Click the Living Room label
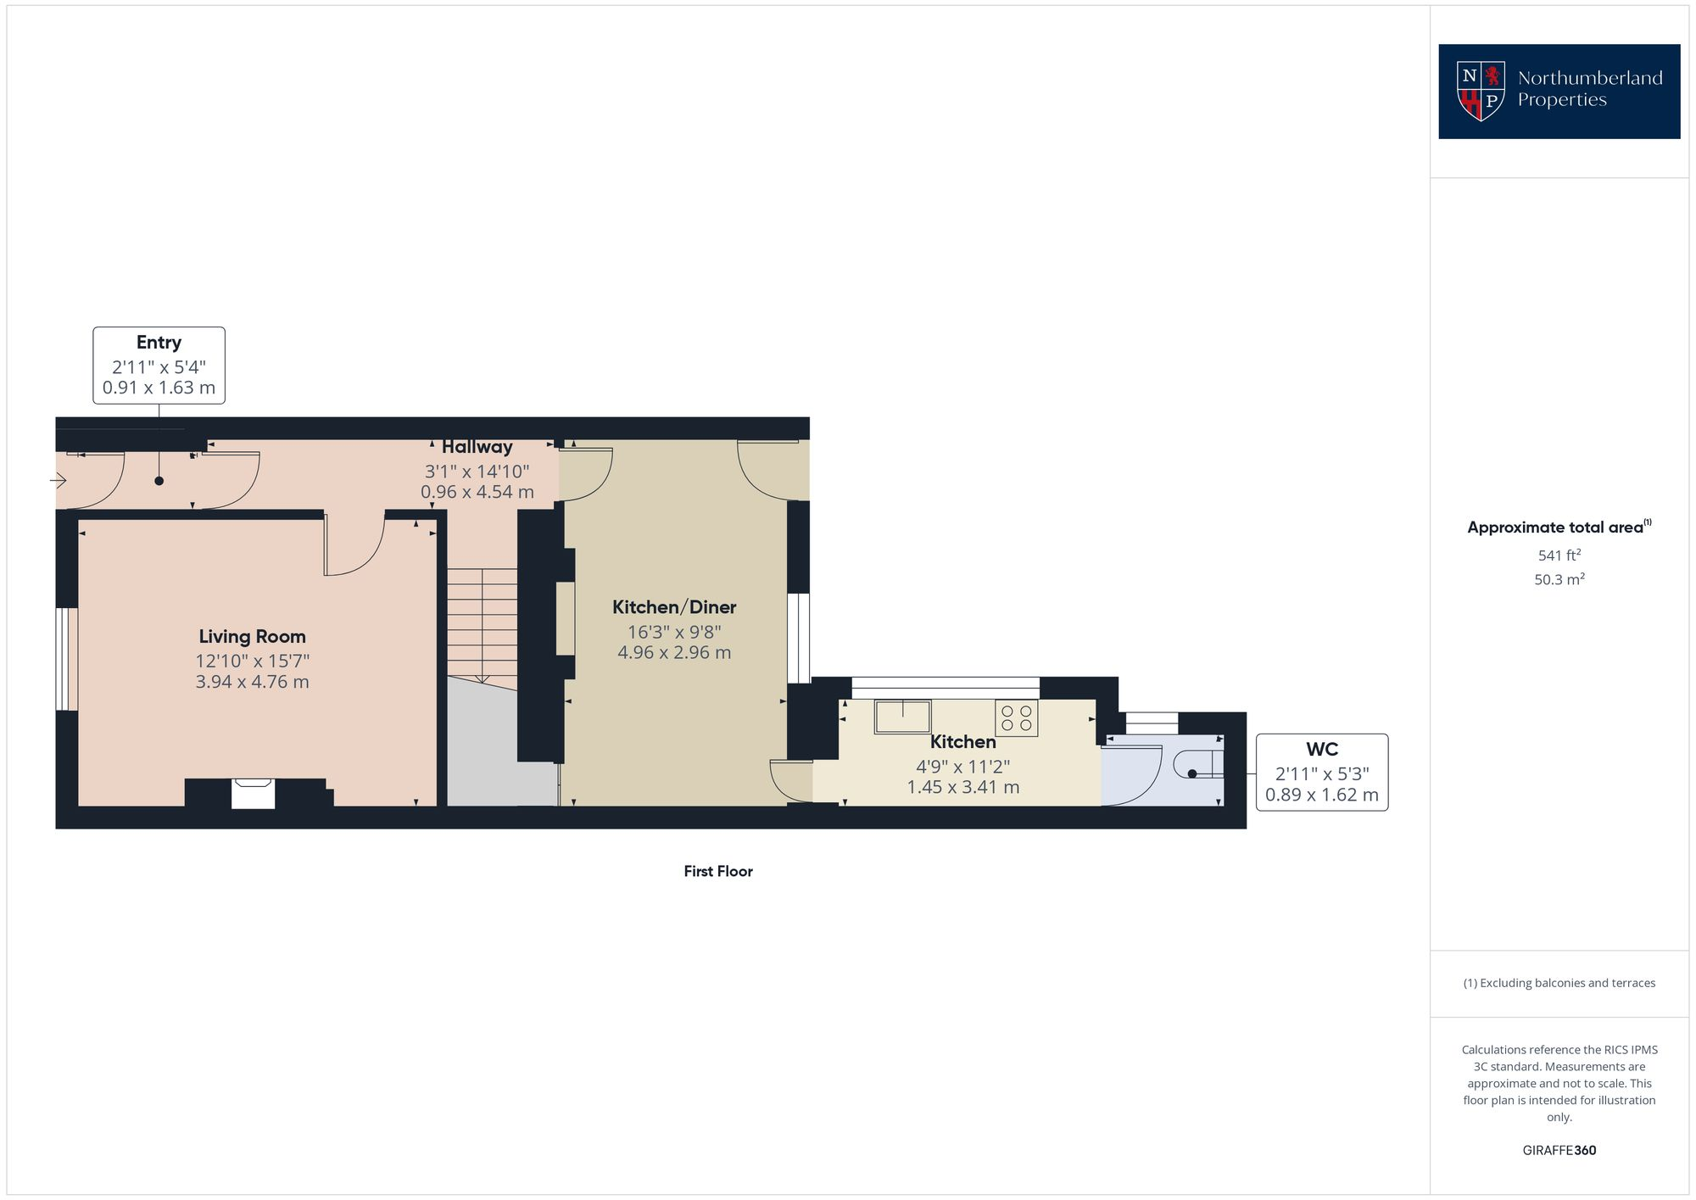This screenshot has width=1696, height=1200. pyautogui.click(x=252, y=637)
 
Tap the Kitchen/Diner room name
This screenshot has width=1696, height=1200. pyautogui.click(x=674, y=607)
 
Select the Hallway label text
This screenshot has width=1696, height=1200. pyautogui.click(x=477, y=447)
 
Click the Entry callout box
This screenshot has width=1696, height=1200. pyautogui.click(x=159, y=366)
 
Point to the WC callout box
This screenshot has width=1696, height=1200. pyautogui.click(x=1321, y=773)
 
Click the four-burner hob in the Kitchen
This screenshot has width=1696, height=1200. pyautogui.click(x=1016, y=718)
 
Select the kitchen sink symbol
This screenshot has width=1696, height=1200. pyautogui.click(x=902, y=717)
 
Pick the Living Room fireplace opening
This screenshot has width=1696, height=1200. pyautogui.click(x=253, y=795)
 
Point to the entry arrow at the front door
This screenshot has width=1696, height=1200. pyautogui.click(x=58, y=482)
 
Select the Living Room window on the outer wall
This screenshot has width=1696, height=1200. pyautogui.click(x=67, y=659)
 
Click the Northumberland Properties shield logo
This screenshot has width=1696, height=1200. pyautogui.click(x=1480, y=91)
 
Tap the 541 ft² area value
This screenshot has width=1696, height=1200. pyautogui.click(x=1559, y=555)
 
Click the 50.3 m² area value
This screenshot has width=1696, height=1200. pyautogui.click(x=1559, y=580)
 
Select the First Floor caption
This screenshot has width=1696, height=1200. pyautogui.click(x=718, y=871)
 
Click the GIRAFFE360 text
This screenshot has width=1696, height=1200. pyautogui.click(x=1559, y=1151)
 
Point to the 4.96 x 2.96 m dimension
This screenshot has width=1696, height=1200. pyautogui.click(x=674, y=653)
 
